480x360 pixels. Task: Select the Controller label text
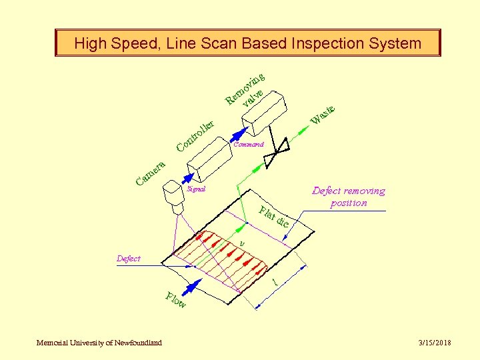(195, 135)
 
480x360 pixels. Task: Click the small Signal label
(197, 189)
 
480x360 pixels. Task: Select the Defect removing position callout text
(349, 197)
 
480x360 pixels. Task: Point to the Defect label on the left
(129, 258)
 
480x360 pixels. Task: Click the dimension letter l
(275, 283)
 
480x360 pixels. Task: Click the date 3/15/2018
(435, 343)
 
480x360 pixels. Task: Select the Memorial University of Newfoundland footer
(99, 343)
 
